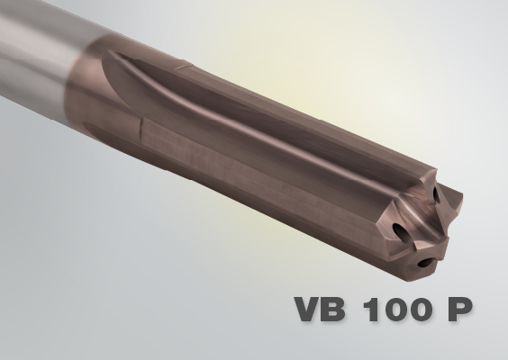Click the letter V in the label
pos(311,310)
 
